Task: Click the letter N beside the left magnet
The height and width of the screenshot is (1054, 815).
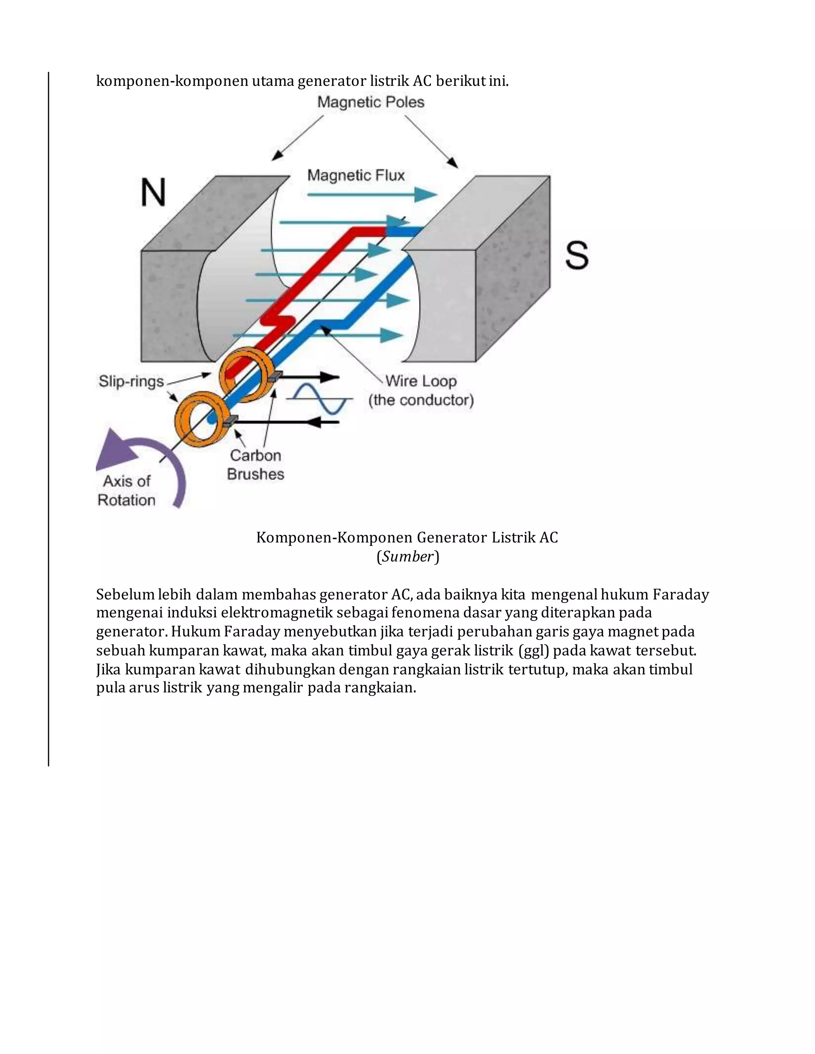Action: [154, 192]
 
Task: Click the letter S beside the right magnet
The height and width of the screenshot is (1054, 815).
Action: [577, 255]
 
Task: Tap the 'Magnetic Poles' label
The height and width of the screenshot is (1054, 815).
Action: [371, 102]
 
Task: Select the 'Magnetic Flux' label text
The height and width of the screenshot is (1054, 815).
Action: [356, 176]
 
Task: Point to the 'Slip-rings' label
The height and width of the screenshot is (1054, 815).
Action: [131, 381]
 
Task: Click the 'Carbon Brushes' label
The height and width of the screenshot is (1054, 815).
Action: [255, 464]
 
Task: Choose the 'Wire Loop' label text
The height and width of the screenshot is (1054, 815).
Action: [421, 381]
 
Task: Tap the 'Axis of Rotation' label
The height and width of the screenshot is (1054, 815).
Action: [127, 490]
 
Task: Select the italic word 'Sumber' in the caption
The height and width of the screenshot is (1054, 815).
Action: [407, 556]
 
